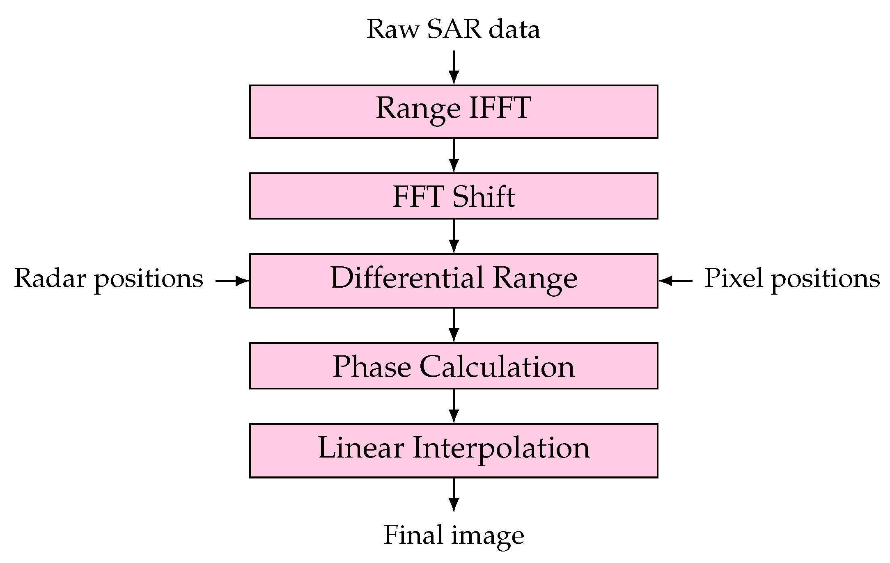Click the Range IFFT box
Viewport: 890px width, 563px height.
coord(454,111)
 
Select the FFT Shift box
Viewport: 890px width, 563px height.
coord(454,196)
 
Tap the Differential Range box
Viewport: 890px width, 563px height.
coord(454,281)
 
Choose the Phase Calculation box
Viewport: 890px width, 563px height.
coord(454,366)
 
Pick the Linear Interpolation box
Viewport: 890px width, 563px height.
coord(454,450)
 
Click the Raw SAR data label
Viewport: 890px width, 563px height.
coord(453,30)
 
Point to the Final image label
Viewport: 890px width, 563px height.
coord(454,535)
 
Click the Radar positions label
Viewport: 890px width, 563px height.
coord(108,279)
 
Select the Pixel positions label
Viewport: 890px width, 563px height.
coord(792,279)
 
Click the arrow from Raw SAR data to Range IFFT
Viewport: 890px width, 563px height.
coord(454,67)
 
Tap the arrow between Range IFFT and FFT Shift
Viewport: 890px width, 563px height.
coord(454,155)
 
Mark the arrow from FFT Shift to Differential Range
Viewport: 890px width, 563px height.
coord(454,236)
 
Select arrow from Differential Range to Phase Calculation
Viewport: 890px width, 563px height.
coord(454,325)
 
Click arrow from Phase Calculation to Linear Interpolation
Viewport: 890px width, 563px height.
coord(454,406)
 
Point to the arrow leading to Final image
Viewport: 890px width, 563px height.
coord(454,494)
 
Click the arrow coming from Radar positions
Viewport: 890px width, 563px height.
coord(232,281)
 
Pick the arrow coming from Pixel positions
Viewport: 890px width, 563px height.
coord(676,281)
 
